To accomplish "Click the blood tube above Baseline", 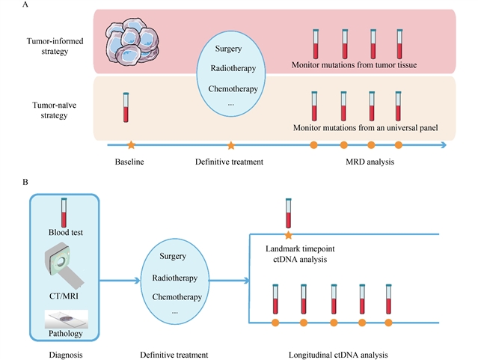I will [x=126, y=106].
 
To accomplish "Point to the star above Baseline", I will [x=131, y=144].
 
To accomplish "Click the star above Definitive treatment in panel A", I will [x=231, y=144].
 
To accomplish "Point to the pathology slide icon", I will [x=67, y=317].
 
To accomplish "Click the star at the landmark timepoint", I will [x=288, y=234].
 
